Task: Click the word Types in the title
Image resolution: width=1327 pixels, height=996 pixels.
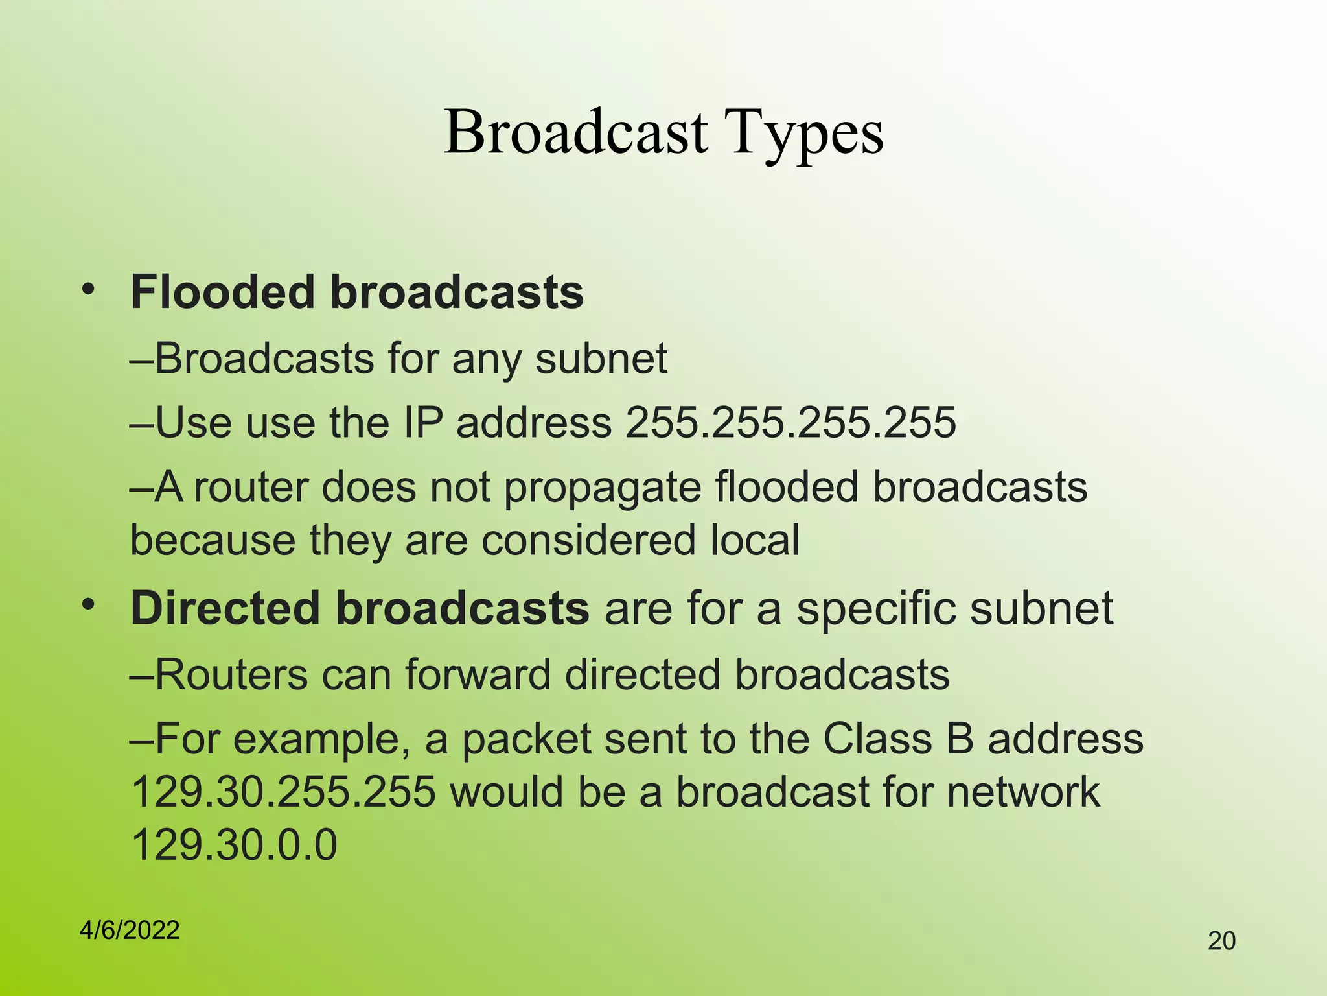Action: [x=803, y=133]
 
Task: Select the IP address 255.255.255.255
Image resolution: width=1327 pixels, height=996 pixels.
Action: [x=790, y=423]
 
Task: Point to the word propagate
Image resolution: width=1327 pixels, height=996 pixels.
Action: [x=603, y=488]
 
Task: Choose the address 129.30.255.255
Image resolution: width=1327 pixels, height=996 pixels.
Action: [x=283, y=792]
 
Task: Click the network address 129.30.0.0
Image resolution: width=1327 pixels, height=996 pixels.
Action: [x=234, y=845]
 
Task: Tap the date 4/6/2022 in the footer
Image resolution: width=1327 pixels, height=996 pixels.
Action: [x=130, y=930]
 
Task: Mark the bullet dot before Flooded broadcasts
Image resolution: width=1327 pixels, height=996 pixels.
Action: [x=88, y=289]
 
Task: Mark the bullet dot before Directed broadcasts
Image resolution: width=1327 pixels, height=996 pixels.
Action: [x=88, y=605]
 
